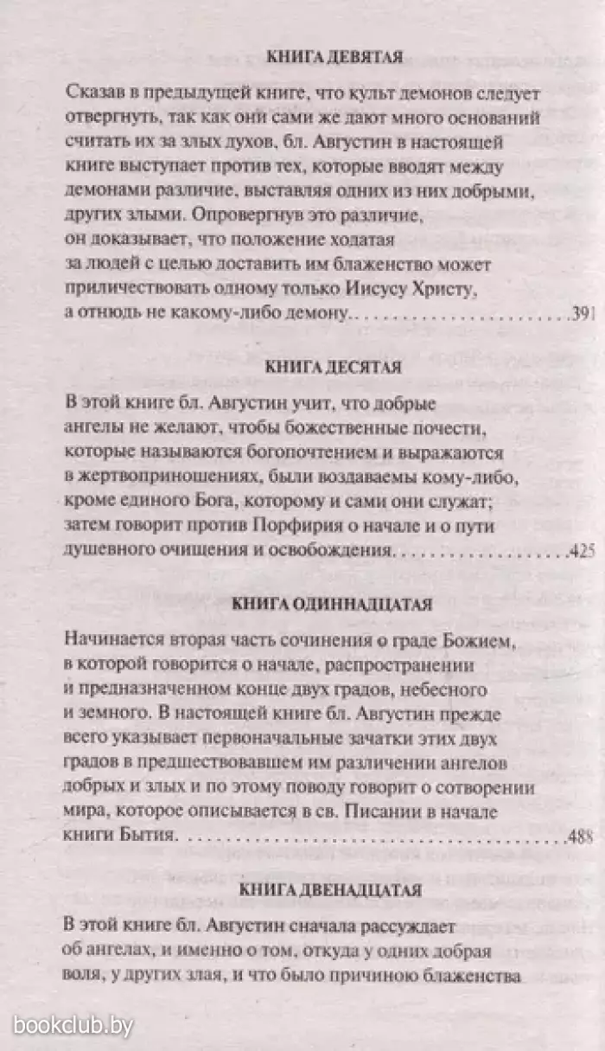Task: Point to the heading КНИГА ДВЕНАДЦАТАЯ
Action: tap(331, 888)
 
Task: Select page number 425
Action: tap(584, 550)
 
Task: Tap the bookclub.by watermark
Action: tap(67, 1027)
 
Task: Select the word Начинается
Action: tap(111, 641)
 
